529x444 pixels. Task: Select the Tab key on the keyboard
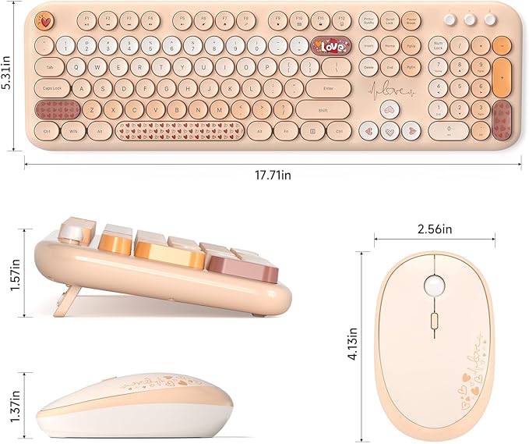[50, 68]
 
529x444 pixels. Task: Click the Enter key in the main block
[328, 89]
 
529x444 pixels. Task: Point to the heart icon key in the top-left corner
[47, 19]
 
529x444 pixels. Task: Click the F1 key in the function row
[86, 19]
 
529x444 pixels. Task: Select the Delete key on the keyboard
[369, 68]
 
